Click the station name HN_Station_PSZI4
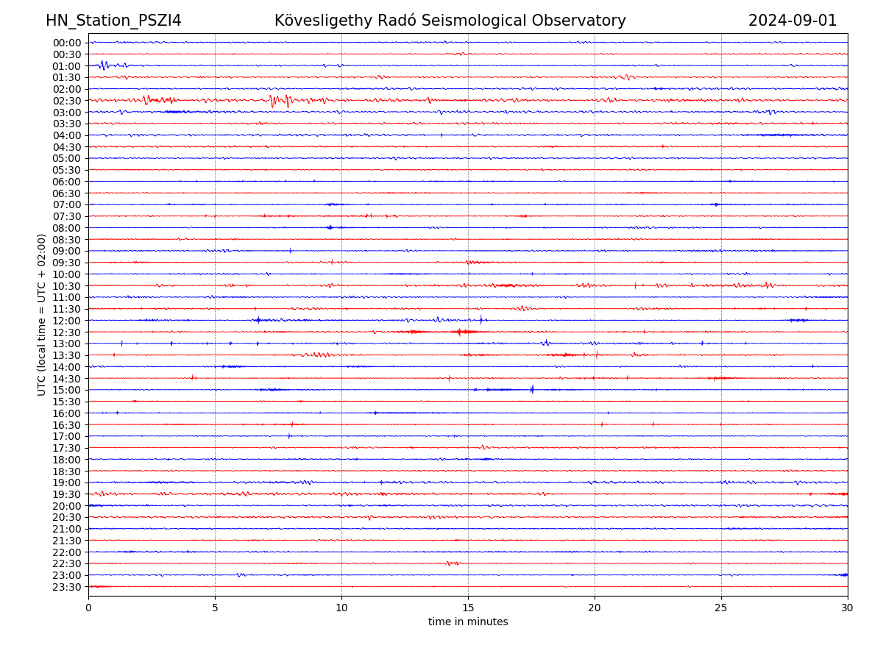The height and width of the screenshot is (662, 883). [x=113, y=21]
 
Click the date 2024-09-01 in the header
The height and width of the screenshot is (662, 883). [x=792, y=21]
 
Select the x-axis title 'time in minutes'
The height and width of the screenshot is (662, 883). [x=468, y=622]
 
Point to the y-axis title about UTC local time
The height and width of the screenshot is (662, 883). [x=42, y=314]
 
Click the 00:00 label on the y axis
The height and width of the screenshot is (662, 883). [x=67, y=43]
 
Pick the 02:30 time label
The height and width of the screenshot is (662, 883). [x=67, y=101]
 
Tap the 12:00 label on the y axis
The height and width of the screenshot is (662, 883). [x=67, y=321]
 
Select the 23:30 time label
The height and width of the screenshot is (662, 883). [x=67, y=587]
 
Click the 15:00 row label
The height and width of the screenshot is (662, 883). [x=67, y=390]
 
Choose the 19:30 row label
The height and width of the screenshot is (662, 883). [x=67, y=494]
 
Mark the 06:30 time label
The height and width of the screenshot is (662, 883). [x=67, y=193]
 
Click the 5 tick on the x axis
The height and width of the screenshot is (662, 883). [x=215, y=608]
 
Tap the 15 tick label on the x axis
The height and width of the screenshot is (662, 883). [x=468, y=608]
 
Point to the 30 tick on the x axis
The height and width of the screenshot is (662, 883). [x=848, y=608]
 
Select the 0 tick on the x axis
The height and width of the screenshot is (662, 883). [x=88, y=608]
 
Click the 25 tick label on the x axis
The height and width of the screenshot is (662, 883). [x=721, y=608]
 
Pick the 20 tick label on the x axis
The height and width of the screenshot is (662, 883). [x=595, y=608]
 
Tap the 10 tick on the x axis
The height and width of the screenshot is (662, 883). [x=341, y=608]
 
